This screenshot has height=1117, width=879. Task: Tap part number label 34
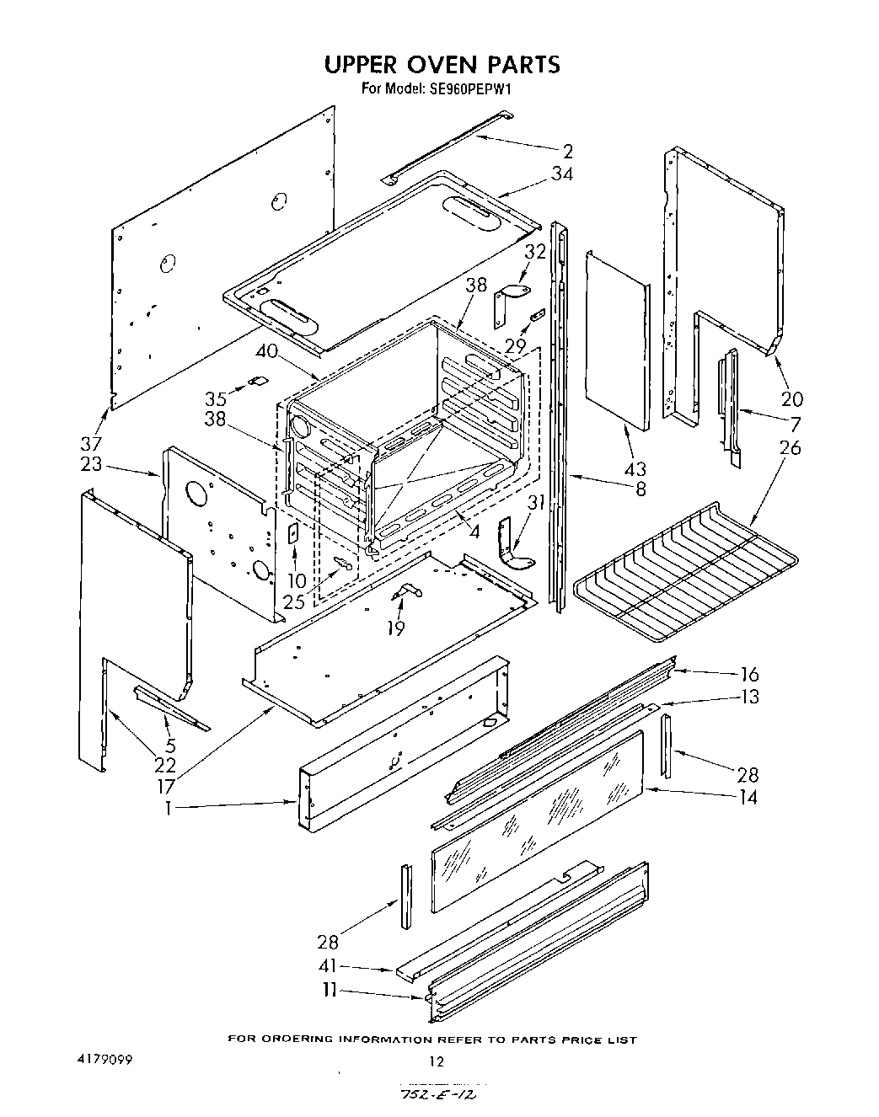[x=562, y=174]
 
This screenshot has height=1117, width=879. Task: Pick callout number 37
[x=91, y=443]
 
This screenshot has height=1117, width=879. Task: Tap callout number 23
[x=91, y=464]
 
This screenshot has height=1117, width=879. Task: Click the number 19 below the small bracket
[x=395, y=628]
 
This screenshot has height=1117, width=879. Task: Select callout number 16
[x=748, y=674]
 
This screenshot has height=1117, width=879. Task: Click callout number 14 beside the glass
[x=747, y=796]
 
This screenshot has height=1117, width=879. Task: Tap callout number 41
[x=329, y=969]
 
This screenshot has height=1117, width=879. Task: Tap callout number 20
[x=792, y=398]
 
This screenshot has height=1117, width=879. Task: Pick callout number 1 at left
[x=169, y=807]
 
